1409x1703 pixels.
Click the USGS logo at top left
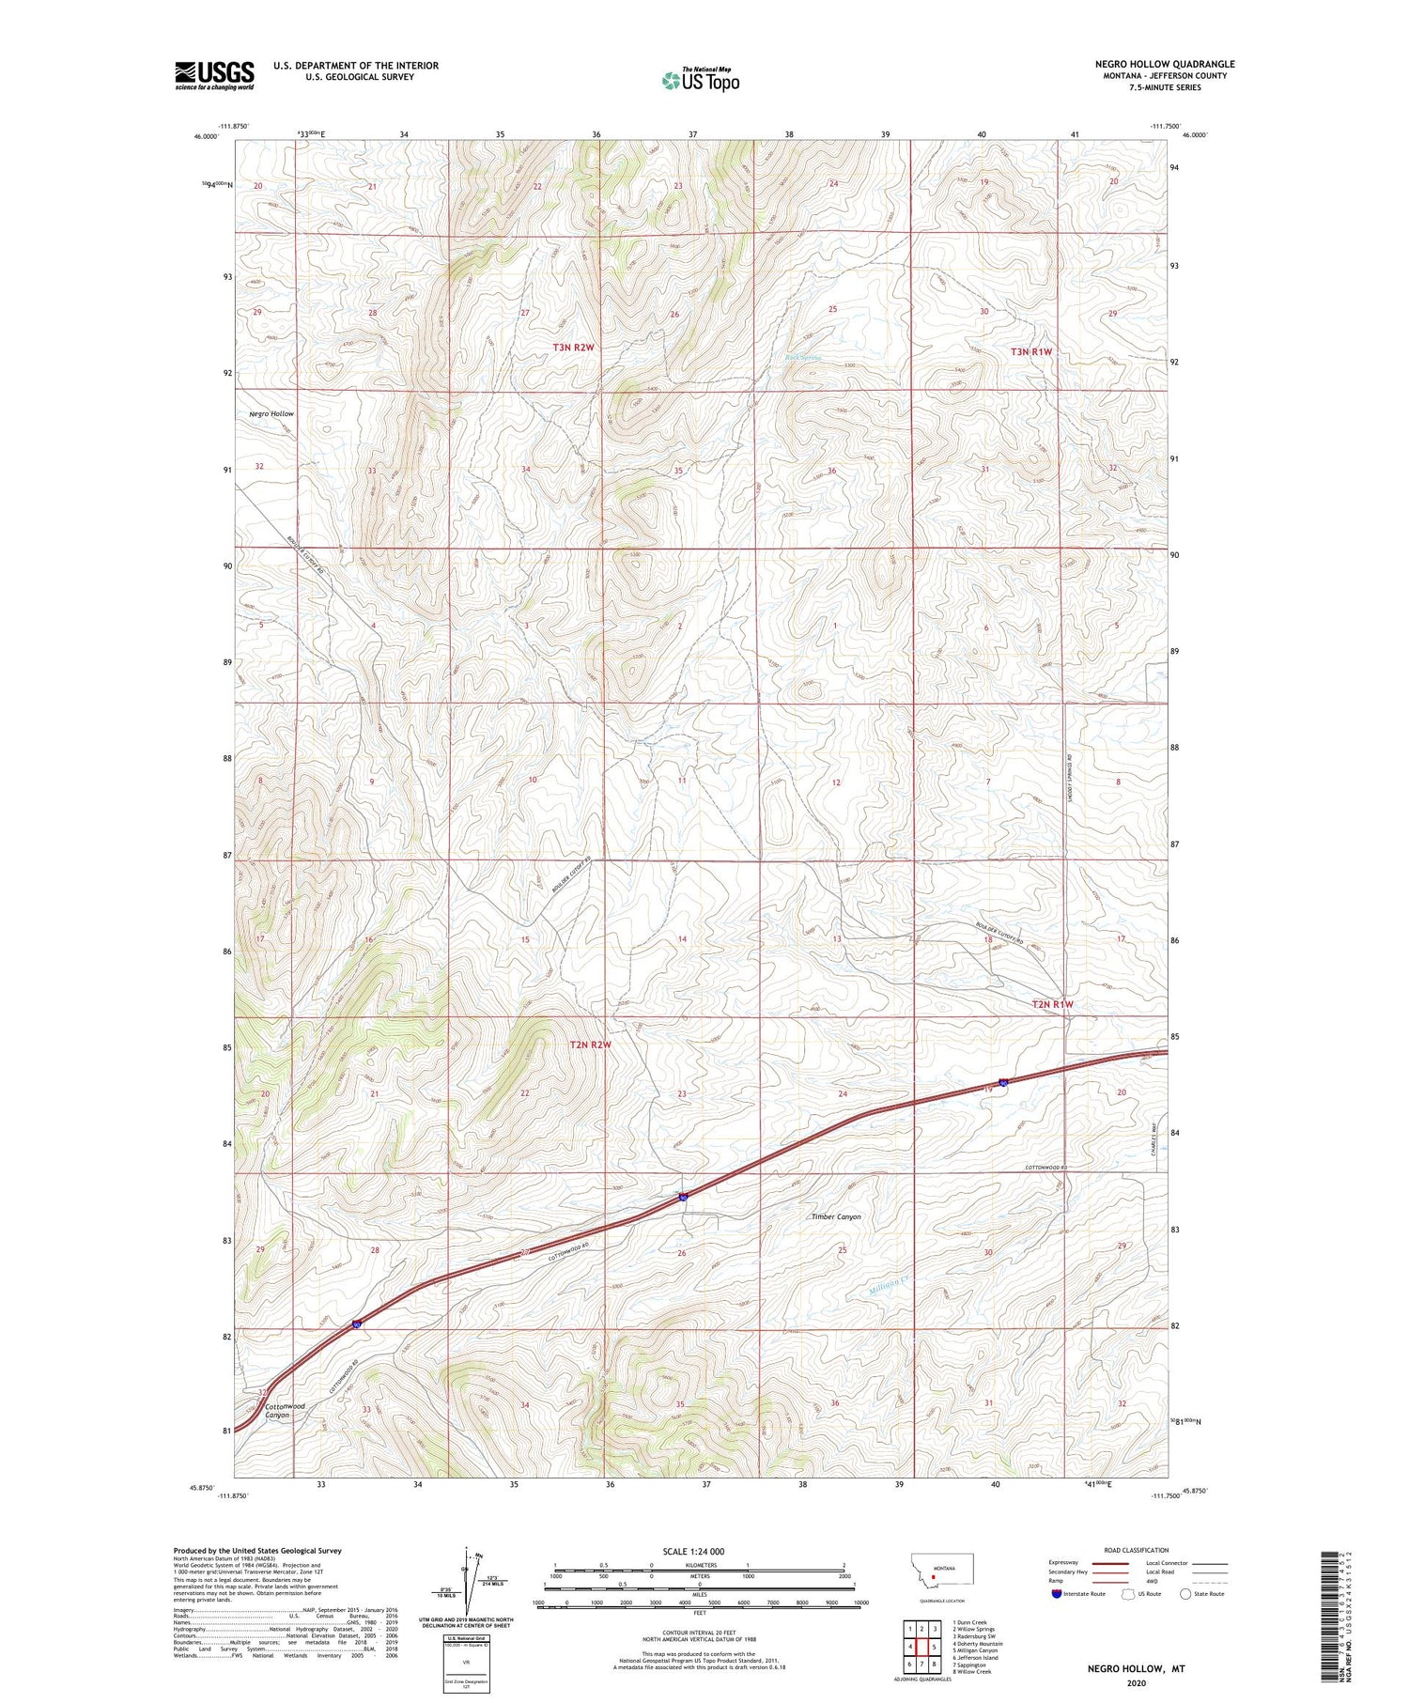click(x=214, y=75)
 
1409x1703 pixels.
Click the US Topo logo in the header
click(x=700, y=81)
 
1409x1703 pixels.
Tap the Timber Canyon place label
click(x=835, y=1216)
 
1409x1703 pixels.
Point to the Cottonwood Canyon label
click(x=285, y=1410)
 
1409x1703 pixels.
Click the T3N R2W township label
click(x=573, y=348)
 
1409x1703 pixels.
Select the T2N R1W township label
click(x=1052, y=1004)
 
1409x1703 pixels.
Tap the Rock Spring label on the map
click(x=803, y=357)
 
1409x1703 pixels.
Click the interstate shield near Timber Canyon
click(x=684, y=1197)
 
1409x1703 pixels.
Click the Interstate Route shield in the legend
click(x=1058, y=1593)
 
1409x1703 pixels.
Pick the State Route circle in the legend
click(x=1185, y=1593)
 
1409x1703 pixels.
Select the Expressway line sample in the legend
click(x=1115, y=1563)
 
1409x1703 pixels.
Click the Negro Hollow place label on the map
click(x=271, y=413)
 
